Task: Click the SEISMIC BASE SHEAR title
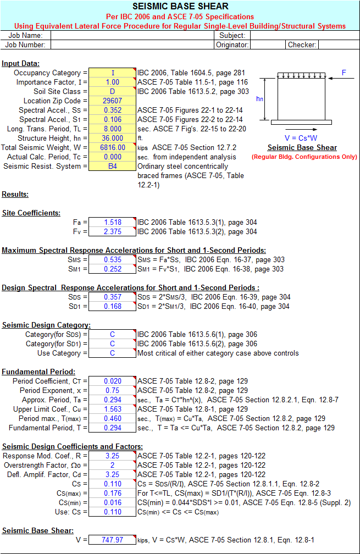(x=180, y=7)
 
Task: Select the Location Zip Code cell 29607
(x=112, y=101)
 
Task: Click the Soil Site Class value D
(x=112, y=91)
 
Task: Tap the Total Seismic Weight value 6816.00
(x=112, y=147)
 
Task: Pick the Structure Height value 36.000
(x=112, y=138)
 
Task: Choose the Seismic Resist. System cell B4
(x=112, y=166)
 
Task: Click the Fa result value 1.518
(x=112, y=223)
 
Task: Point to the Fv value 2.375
(x=112, y=232)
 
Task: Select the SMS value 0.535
(x=112, y=260)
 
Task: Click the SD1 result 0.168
(x=112, y=307)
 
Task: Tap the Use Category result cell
(x=112, y=353)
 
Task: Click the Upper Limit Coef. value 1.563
(x=112, y=409)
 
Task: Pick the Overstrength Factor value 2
(x=112, y=466)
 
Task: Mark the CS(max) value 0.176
(x=112, y=494)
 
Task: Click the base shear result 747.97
(x=112, y=540)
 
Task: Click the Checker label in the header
(x=302, y=45)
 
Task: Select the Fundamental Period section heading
(x=38, y=372)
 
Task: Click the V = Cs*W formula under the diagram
(x=302, y=137)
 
